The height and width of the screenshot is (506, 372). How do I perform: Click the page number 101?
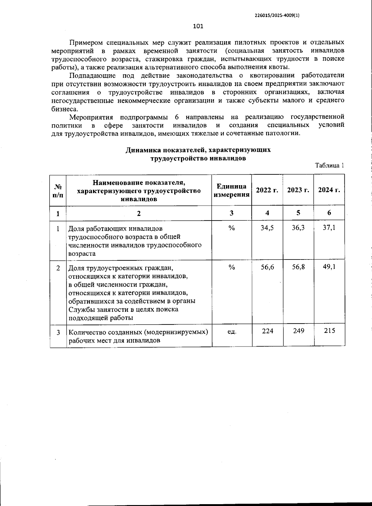click(198, 26)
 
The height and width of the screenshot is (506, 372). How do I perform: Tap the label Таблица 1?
click(330, 165)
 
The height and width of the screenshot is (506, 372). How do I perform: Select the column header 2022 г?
click(267, 190)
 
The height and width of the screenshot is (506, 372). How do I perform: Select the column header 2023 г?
click(298, 190)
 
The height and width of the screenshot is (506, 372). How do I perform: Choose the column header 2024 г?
click(329, 190)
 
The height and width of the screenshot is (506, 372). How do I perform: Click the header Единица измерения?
click(232, 190)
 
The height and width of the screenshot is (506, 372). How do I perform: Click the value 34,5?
click(267, 228)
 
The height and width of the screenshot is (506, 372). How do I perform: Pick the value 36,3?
click(298, 228)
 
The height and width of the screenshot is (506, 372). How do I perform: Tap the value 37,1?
click(329, 228)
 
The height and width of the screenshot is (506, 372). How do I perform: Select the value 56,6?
click(267, 267)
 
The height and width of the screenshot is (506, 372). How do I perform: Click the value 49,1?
click(329, 267)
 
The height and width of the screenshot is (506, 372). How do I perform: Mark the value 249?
click(298, 331)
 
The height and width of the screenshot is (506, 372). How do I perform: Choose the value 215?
click(329, 331)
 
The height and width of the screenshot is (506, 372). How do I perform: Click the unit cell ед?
click(232, 331)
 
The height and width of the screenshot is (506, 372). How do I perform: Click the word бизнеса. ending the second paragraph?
click(63, 109)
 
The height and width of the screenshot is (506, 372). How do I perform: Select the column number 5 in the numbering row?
click(298, 213)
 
